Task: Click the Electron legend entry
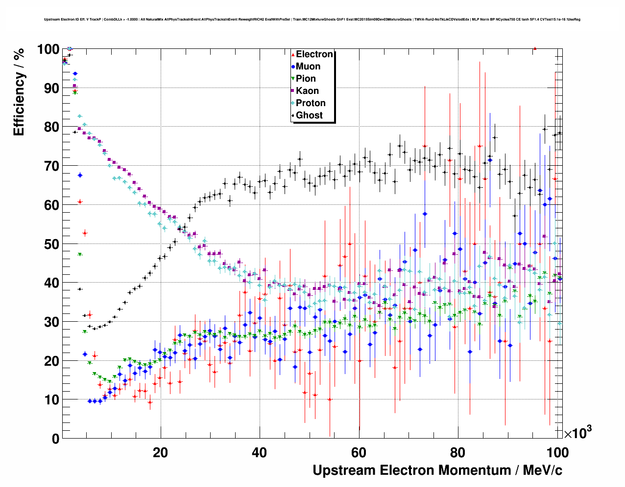[x=314, y=54]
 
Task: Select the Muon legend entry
[x=308, y=66]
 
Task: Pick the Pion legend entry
[x=306, y=79]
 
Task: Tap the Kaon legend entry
[x=307, y=91]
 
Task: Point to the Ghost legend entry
[x=309, y=115]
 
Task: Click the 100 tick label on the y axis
[x=48, y=49]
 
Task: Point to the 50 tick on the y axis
[x=51, y=244]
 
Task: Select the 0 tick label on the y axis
[x=55, y=439]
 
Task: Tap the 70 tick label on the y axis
[x=51, y=166]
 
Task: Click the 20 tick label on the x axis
[x=160, y=453]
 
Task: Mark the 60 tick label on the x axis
[x=359, y=453]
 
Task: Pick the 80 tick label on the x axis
[x=457, y=453]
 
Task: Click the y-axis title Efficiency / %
[x=19, y=92]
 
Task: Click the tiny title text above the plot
[x=312, y=20]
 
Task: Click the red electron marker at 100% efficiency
[x=535, y=48]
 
